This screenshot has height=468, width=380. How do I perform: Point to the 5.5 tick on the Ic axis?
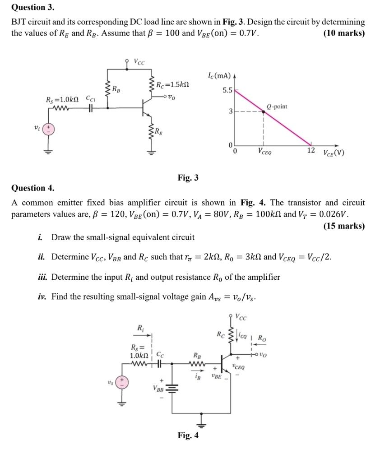227,90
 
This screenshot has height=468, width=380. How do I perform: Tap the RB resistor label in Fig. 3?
116,88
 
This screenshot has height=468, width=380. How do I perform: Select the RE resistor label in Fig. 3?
159,132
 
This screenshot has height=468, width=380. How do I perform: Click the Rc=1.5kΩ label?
172,84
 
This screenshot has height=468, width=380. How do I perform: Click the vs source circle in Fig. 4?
121,382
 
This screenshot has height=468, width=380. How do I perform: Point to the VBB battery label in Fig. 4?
158,388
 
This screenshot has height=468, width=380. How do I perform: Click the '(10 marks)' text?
344,33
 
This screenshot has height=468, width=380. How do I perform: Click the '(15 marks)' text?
344,226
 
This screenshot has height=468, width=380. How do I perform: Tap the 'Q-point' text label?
277,107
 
